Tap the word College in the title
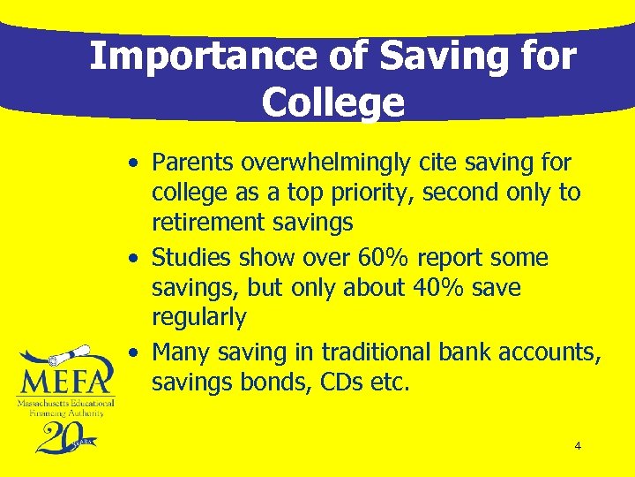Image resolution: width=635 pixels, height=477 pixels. [332, 102]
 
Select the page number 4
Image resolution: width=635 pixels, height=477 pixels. [578, 446]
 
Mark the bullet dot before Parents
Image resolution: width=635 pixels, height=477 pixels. [131, 164]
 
